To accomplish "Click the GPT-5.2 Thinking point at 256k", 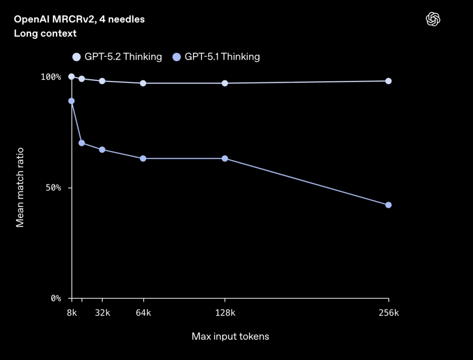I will pos(388,81).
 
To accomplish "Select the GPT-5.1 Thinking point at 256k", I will pos(388,205).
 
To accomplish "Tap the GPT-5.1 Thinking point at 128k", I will pos(225,158).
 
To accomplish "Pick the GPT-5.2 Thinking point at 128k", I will pos(225,83).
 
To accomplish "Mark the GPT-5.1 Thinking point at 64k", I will pos(143,158).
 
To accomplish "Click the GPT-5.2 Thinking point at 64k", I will pos(143,83).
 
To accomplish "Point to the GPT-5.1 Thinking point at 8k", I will pos(71,101).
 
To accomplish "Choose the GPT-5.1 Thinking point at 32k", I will pos(102,149).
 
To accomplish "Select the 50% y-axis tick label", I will pos(54,188).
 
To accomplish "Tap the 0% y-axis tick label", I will pos(56,299).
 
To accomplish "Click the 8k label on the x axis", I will pos(71,313).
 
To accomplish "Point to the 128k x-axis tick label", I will pos(225,313).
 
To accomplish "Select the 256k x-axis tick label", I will pos(389,313).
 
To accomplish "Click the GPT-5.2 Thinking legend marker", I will pos(77,57).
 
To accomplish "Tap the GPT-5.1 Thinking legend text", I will pos(222,57).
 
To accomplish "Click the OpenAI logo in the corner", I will pos(433,19).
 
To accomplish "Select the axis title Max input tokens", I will pos(230,337).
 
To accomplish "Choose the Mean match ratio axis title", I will pos(20,187).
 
